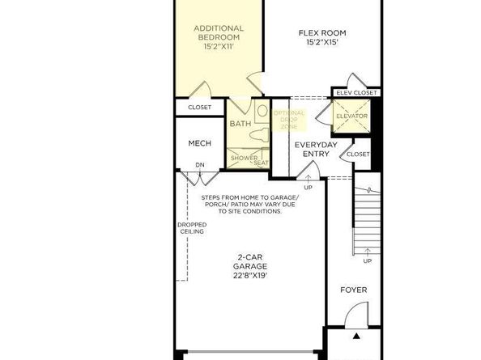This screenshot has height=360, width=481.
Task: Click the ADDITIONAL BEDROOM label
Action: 219,33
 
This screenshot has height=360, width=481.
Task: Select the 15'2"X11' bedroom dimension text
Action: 219,47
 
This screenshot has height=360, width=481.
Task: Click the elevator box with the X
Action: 352,116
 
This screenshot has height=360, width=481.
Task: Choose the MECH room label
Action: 200,143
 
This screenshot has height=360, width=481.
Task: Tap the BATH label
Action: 240,124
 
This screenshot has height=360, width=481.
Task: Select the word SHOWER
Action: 244,158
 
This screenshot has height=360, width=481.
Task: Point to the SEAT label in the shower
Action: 261,163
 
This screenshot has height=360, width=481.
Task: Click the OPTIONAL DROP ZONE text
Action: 289,120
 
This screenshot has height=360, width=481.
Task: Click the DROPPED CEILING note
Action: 192,228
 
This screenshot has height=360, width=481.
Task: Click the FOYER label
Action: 353,290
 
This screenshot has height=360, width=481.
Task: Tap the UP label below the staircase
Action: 368,261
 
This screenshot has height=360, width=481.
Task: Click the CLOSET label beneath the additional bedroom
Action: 199,108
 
